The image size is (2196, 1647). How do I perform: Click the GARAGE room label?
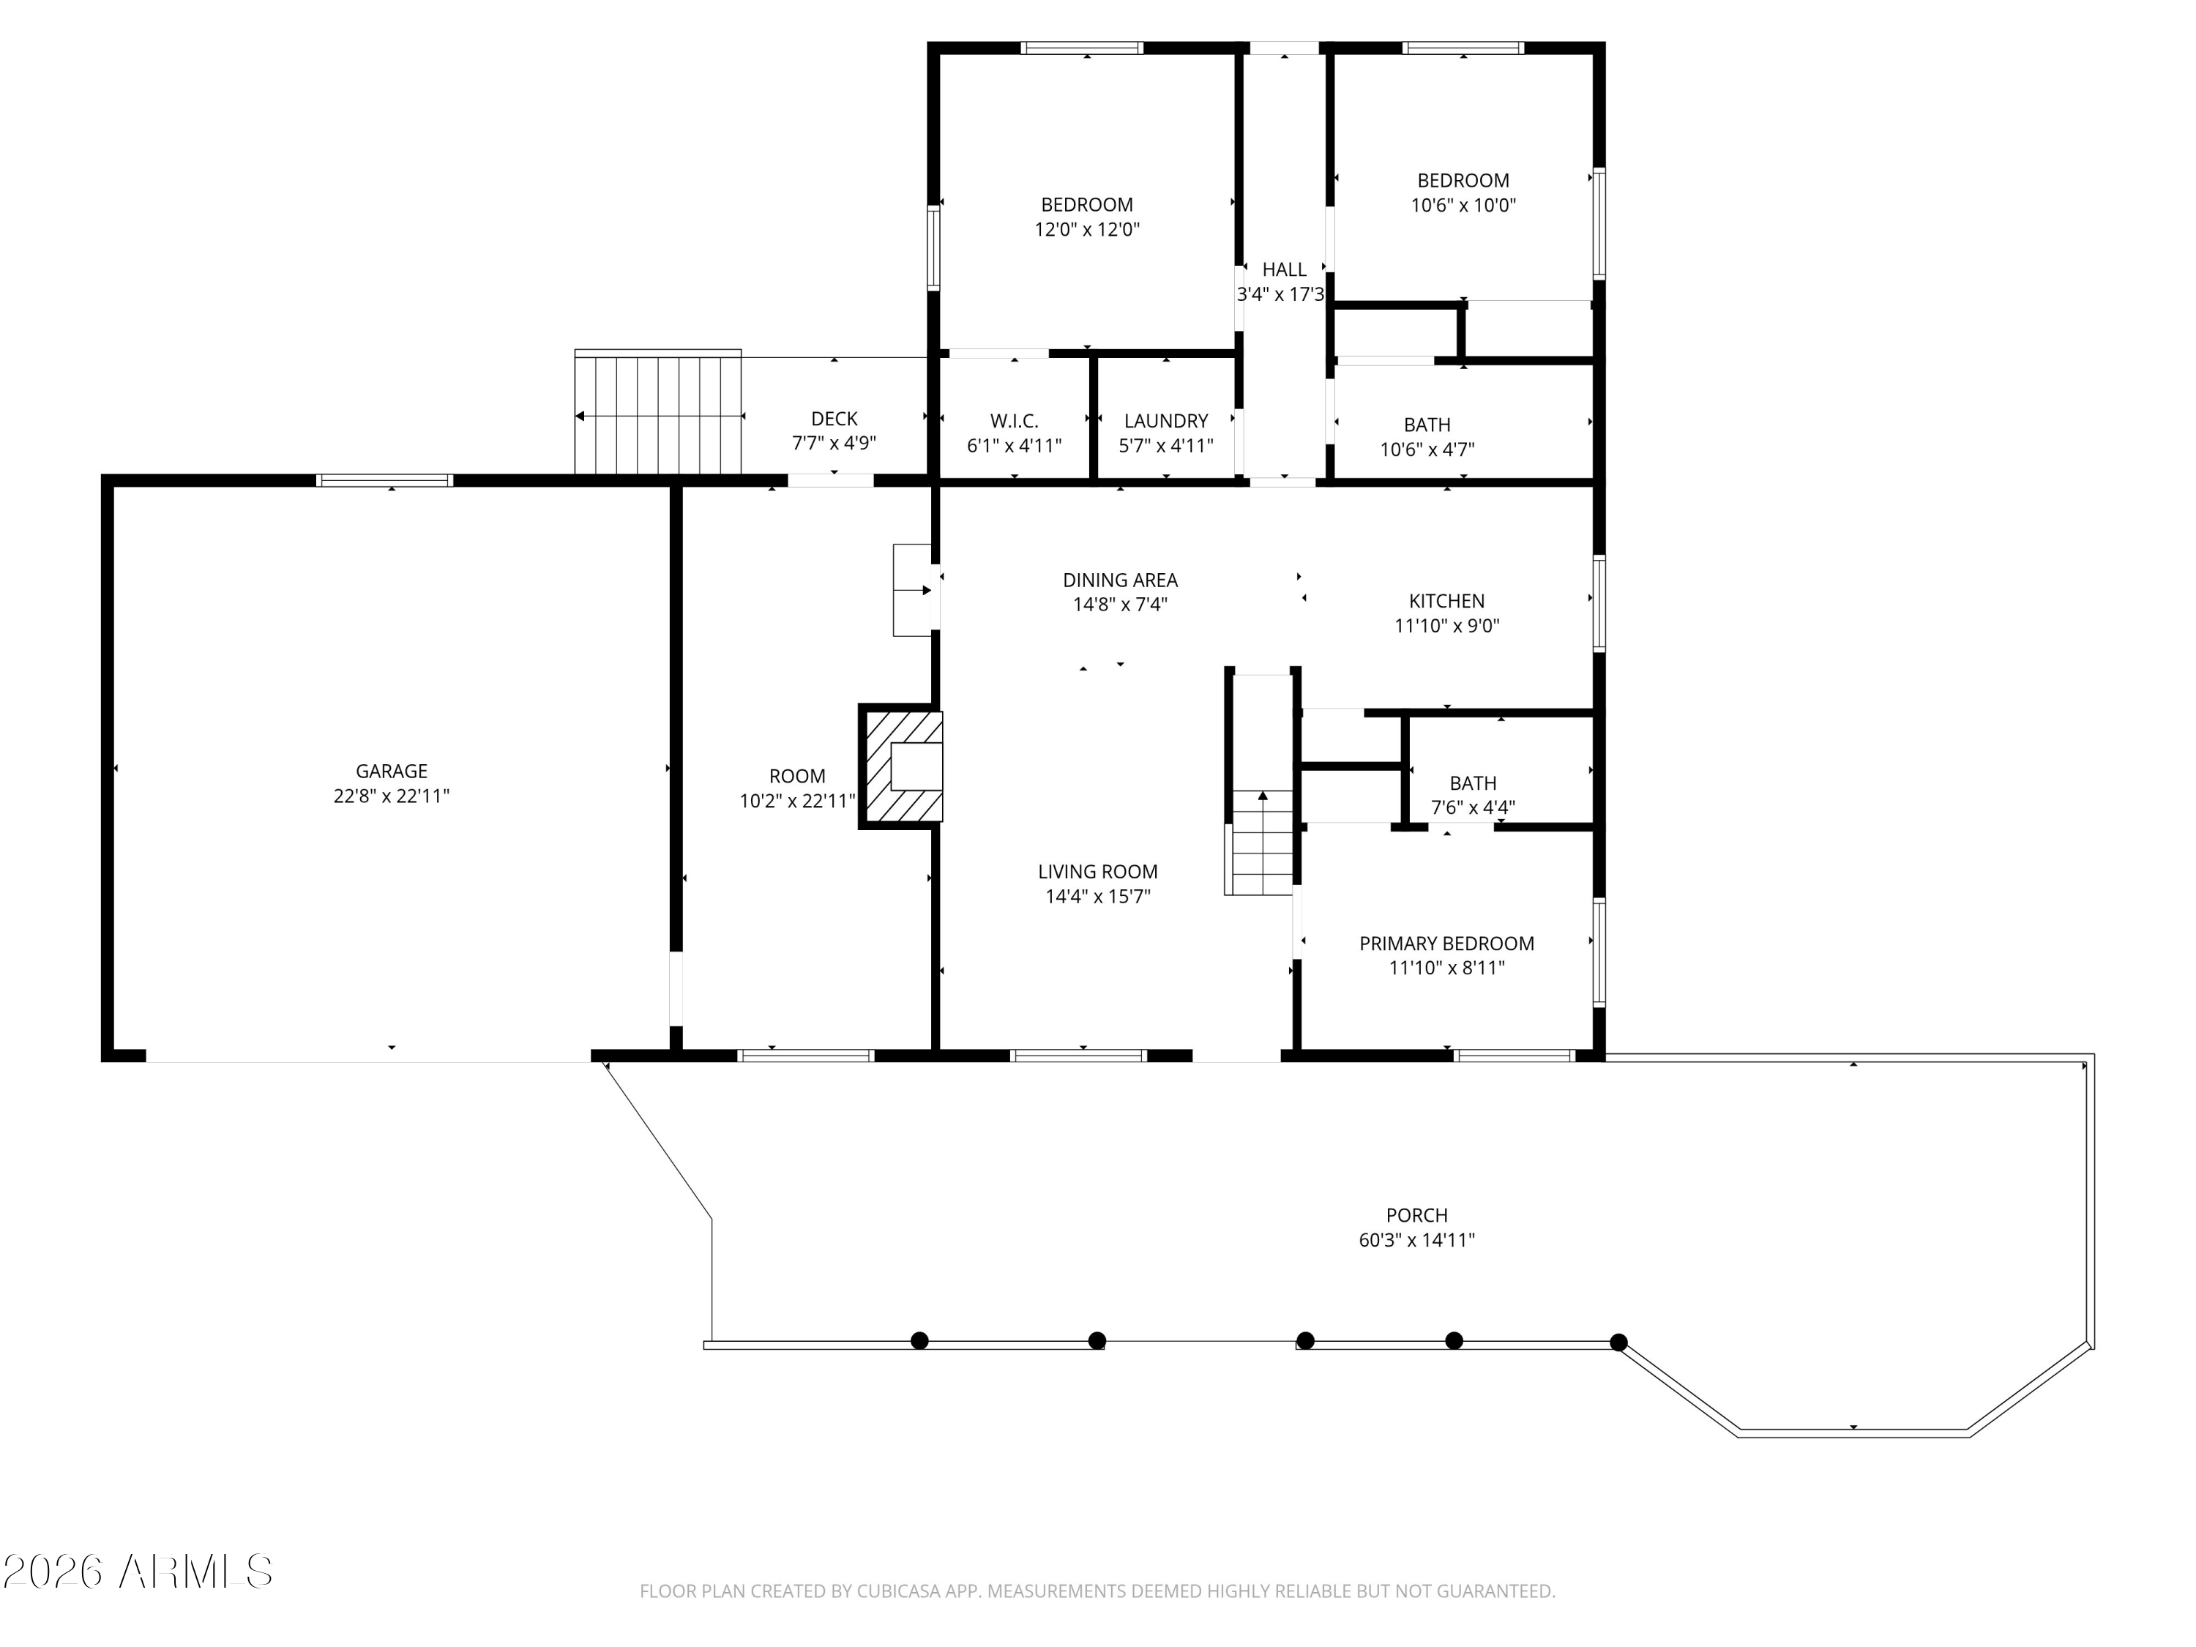[391, 772]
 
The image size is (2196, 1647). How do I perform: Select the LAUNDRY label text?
[1165, 421]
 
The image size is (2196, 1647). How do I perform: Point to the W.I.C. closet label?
[1014, 421]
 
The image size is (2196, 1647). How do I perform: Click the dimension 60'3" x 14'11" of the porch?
[1416, 1240]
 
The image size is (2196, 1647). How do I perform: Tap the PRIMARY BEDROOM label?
[1446, 943]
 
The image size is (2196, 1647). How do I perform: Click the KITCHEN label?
[1446, 601]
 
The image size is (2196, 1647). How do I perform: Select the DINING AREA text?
[1120, 580]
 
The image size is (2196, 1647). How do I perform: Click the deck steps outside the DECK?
[658, 413]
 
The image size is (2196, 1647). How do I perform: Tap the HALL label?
[1284, 269]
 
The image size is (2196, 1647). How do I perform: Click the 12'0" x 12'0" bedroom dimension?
[1086, 229]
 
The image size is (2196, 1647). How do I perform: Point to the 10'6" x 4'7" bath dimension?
[1427, 449]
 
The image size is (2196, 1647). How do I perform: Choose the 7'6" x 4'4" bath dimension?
[1472, 808]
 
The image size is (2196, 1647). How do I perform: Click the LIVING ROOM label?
[1097, 872]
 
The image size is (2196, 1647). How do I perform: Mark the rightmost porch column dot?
[1618, 1342]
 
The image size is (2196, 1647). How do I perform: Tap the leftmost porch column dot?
[919, 1341]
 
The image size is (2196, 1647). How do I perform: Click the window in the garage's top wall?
[384, 480]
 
